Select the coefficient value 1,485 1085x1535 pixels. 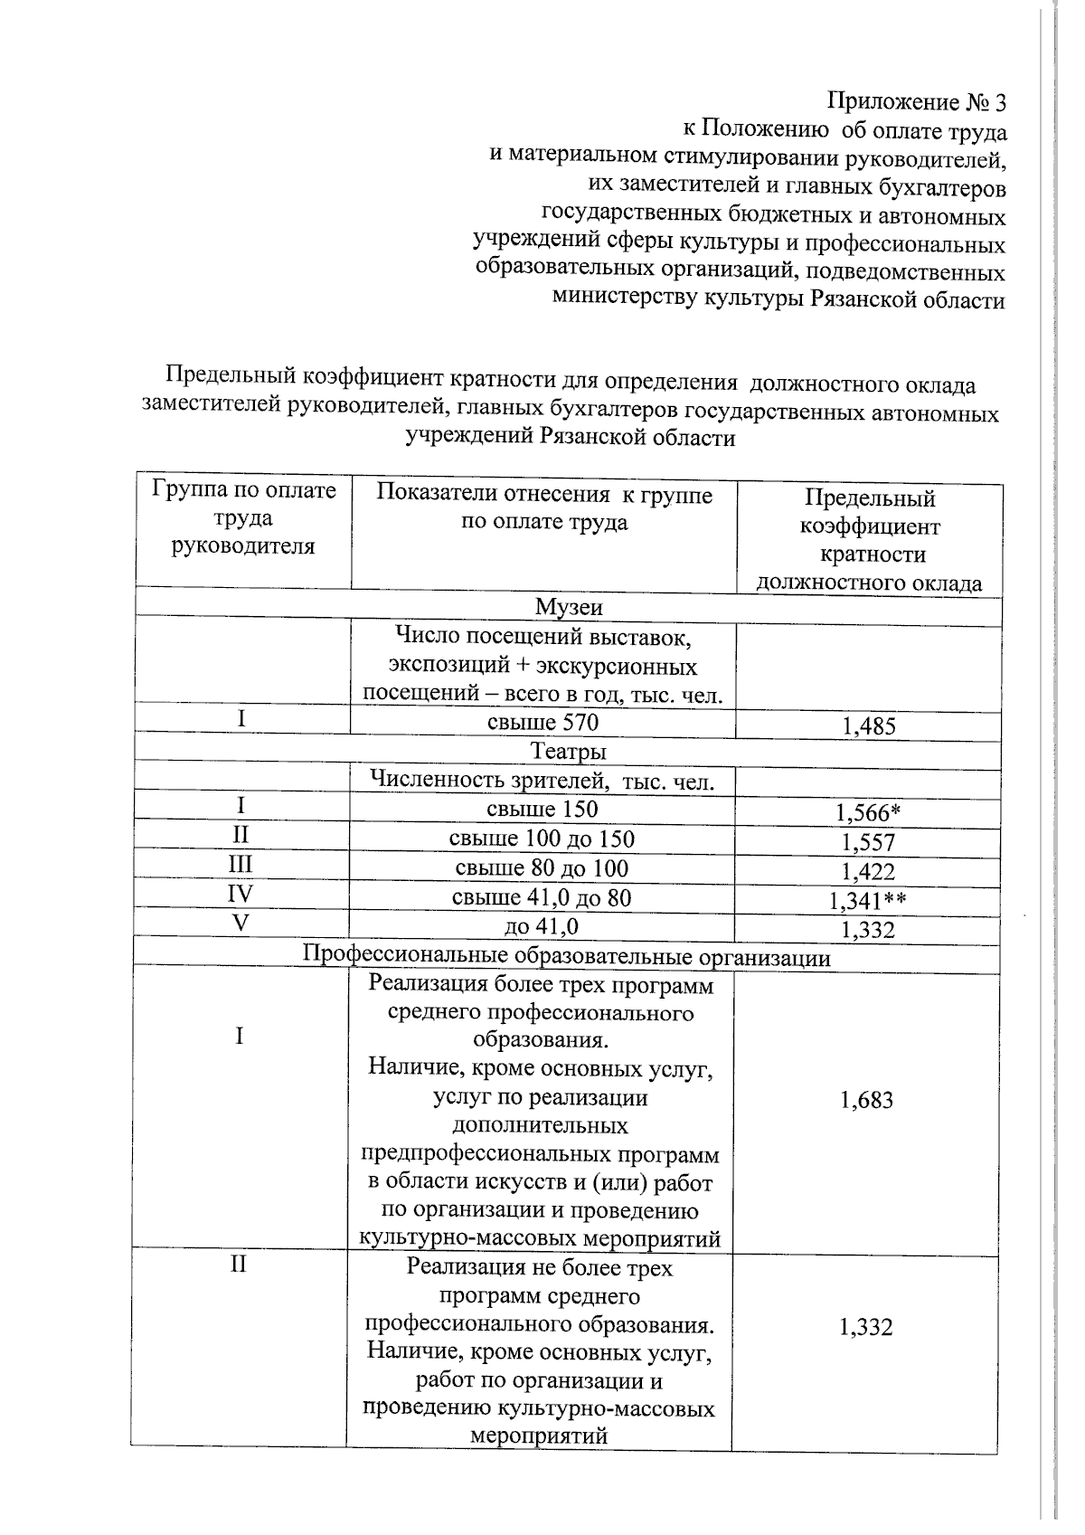point(868,725)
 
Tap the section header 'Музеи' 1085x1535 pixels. point(568,607)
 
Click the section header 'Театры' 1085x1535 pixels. point(568,752)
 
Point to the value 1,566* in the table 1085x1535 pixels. point(868,813)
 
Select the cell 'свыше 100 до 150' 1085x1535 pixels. point(542,839)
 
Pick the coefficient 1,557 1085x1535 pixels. point(868,843)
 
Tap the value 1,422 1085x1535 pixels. point(868,872)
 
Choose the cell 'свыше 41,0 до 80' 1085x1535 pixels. point(542,897)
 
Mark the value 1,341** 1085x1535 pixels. point(868,901)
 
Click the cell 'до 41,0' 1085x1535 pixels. point(542,926)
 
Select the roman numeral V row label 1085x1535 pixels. point(240,924)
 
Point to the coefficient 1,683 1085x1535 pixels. point(866,1100)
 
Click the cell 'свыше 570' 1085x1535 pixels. point(542,722)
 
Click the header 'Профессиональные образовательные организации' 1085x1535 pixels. point(566,957)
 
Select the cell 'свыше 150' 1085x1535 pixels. point(542,809)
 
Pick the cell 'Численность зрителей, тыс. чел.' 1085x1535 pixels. point(542,781)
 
